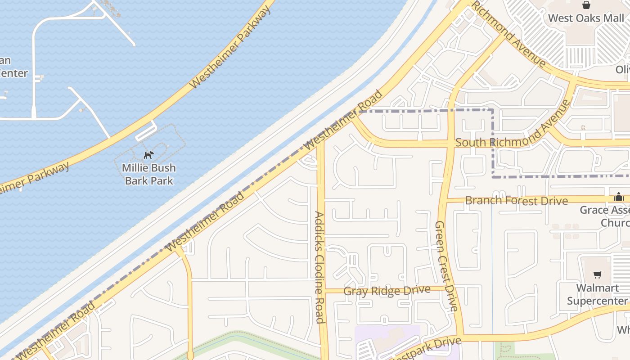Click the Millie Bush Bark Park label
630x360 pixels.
[x=149, y=174]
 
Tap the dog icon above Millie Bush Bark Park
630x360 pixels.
[x=148, y=155]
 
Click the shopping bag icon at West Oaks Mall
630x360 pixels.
[x=586, y=5]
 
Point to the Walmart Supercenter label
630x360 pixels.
[x=597, y=294]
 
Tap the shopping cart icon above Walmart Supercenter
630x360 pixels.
[x=597, y=275]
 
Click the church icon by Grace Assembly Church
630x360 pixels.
[x=619, y=197]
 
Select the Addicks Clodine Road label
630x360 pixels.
[x=319, y=267]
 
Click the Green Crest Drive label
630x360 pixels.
[x=446, y=265]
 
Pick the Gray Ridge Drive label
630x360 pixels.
[x=387, y=291]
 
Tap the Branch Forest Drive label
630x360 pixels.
[x=516, y=200]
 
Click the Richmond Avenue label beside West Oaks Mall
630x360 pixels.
[x=508, y=33]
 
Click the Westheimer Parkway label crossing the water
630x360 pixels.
[x=231, y=47]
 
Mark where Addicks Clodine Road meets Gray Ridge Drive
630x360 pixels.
[x=322, y=291]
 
